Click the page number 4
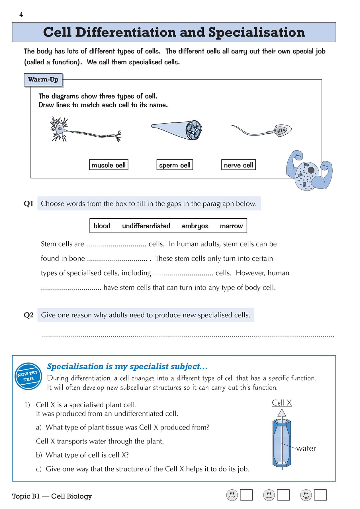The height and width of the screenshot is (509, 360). [x=21, y=15]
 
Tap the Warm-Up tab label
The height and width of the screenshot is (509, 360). [x=43, y=79]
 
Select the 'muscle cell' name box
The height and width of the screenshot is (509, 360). [x=109, y=165]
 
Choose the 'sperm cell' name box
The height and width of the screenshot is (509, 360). [x=175, y=165]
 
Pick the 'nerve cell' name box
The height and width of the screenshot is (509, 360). [x=238, y=165]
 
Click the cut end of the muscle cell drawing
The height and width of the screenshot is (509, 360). [x=194, y=130]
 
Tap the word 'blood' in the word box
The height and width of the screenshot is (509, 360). [x=102, y=226]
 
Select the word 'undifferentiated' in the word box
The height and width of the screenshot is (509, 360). [x=146, y=226]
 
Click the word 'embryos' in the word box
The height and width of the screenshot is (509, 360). [x=195, y=226]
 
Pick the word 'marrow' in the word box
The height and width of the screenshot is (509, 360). [x=231, y=226]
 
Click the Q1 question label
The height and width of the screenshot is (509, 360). [x=28, y=204]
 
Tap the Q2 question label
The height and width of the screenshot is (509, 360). [x=28, y=315]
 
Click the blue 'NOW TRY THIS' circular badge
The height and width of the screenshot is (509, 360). [x=28, y=376]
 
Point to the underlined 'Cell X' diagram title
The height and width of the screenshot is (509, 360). [x=282, y=403]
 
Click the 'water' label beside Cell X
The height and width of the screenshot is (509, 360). [x=306, y=448]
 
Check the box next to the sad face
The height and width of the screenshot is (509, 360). [x=246, y=495]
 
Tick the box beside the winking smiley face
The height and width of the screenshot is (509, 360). [x=320, y=495]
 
